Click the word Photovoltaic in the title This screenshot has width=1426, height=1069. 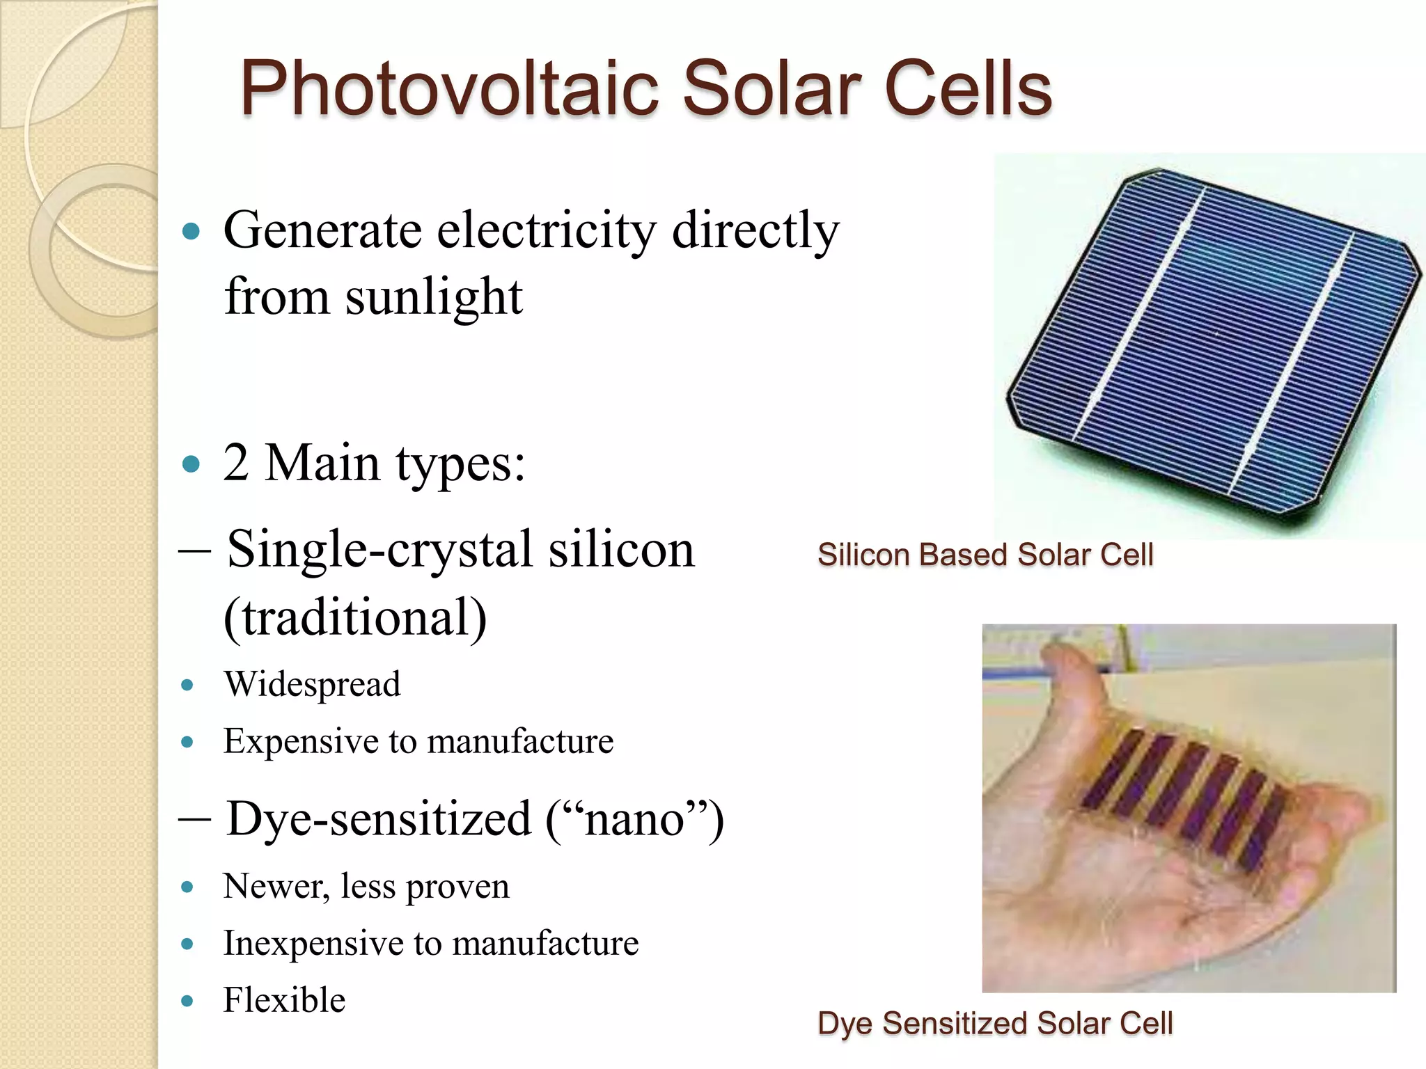pos(449,89)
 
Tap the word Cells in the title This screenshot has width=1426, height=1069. pos(968,89)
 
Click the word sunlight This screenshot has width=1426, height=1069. pos(433,296)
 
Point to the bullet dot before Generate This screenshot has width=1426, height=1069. pos(190,231)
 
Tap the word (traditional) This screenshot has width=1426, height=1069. pos(355,617)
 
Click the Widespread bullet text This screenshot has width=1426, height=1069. pos(312,684)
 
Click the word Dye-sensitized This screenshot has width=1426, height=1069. pos(379,819)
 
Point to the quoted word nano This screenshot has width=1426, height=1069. pos(634,819)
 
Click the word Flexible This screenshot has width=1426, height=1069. pos(284,1001)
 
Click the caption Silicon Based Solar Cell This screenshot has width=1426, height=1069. pos(985,555)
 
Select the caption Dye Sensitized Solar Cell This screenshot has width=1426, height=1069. pos(994,1024)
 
